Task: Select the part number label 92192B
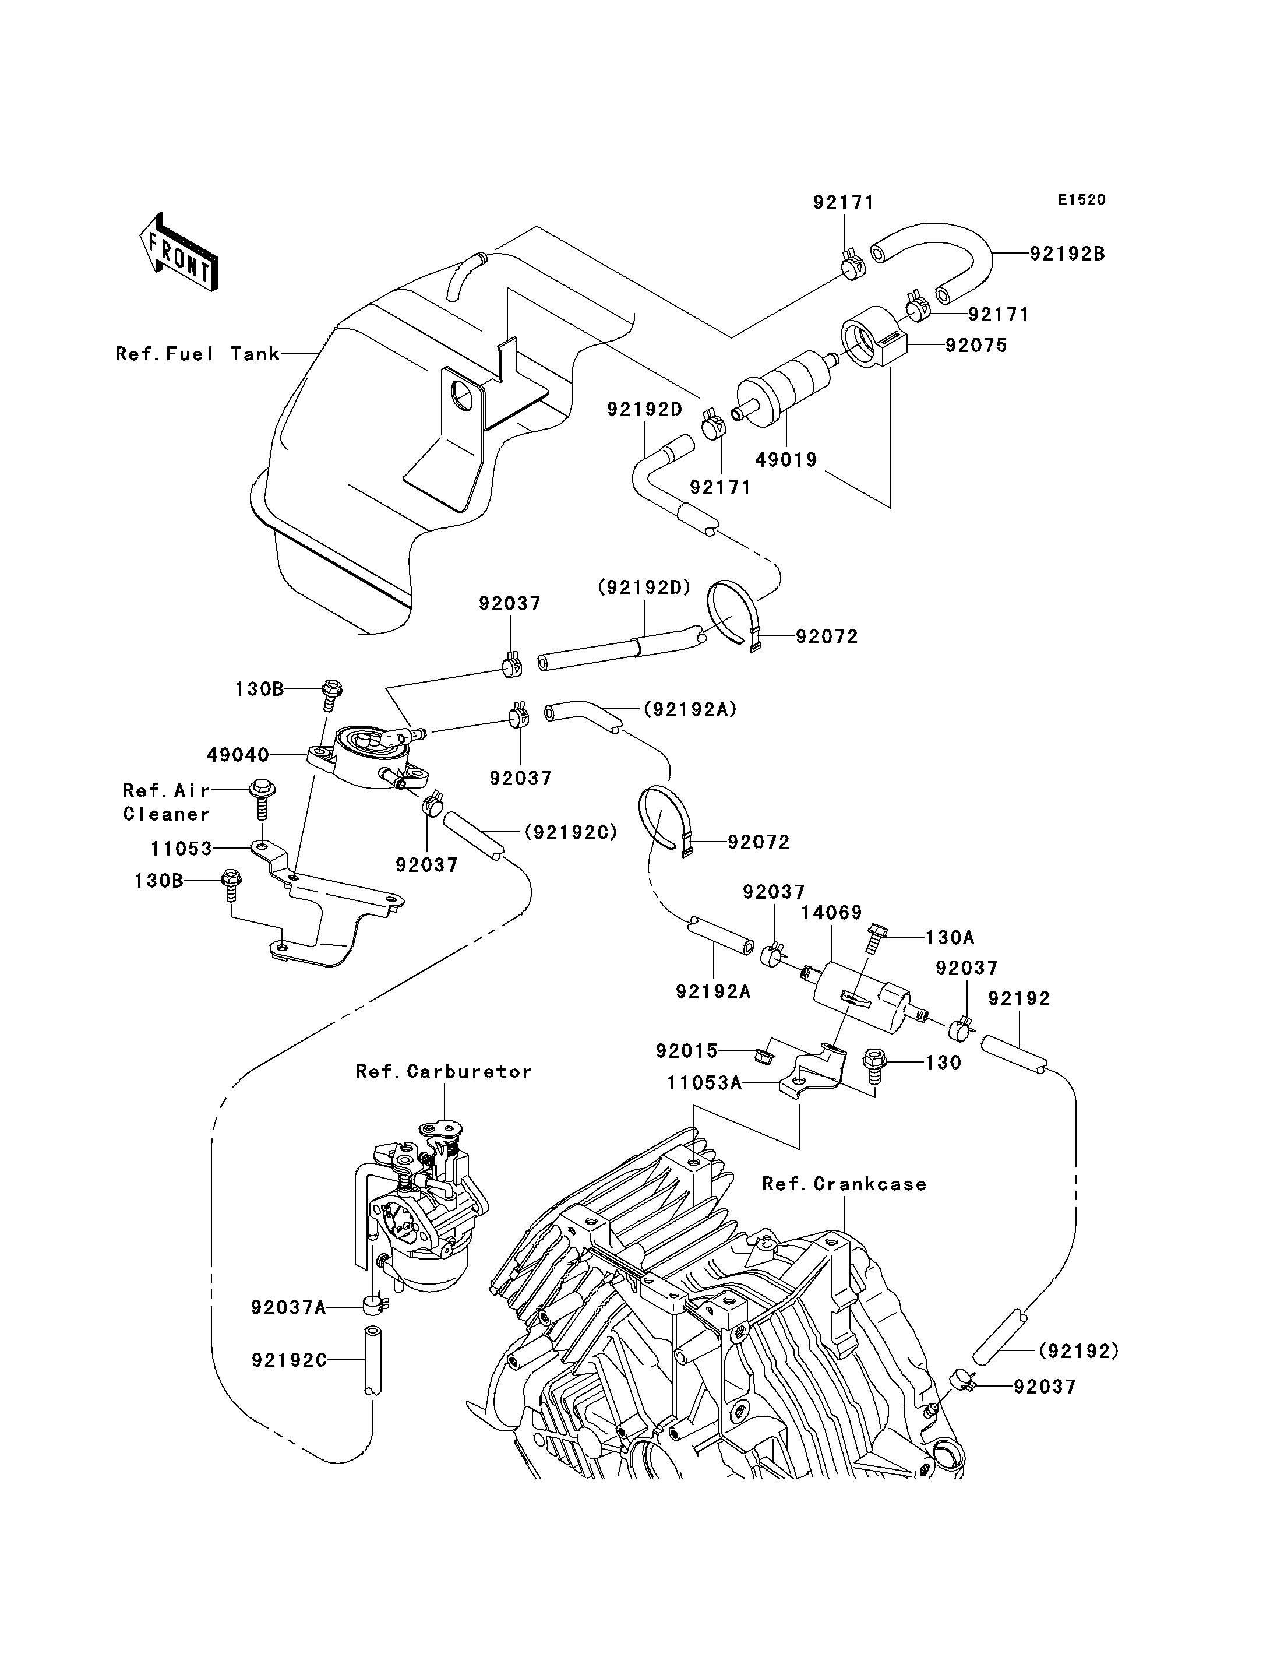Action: (1067, 254)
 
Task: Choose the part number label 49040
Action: (238, 755)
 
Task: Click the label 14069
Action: (831, 913)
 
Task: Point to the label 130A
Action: (950, 938)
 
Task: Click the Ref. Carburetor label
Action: (443, 1072)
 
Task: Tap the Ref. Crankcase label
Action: (844, 1184)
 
